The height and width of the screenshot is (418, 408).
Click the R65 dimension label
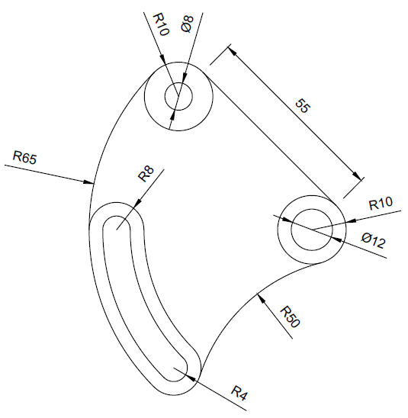click(24, 157)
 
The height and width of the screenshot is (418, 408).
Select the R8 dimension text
click(146, 174)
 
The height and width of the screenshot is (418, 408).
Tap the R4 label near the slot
click(239, 393)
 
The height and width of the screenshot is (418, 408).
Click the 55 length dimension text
click(303, 106)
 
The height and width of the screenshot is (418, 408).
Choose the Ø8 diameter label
click(187, 24)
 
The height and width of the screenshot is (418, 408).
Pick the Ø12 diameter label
click(374, 240)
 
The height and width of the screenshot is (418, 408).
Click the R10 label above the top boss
click(161, 25)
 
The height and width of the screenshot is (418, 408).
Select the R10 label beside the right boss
click(381, 203)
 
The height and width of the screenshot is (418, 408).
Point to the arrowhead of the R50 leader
click(261, 297)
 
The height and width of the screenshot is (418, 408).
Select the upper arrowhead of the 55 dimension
click(232, 50)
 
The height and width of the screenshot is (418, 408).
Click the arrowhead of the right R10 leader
click(351, 220)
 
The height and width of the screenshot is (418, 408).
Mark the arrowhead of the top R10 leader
click(162, 59)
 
